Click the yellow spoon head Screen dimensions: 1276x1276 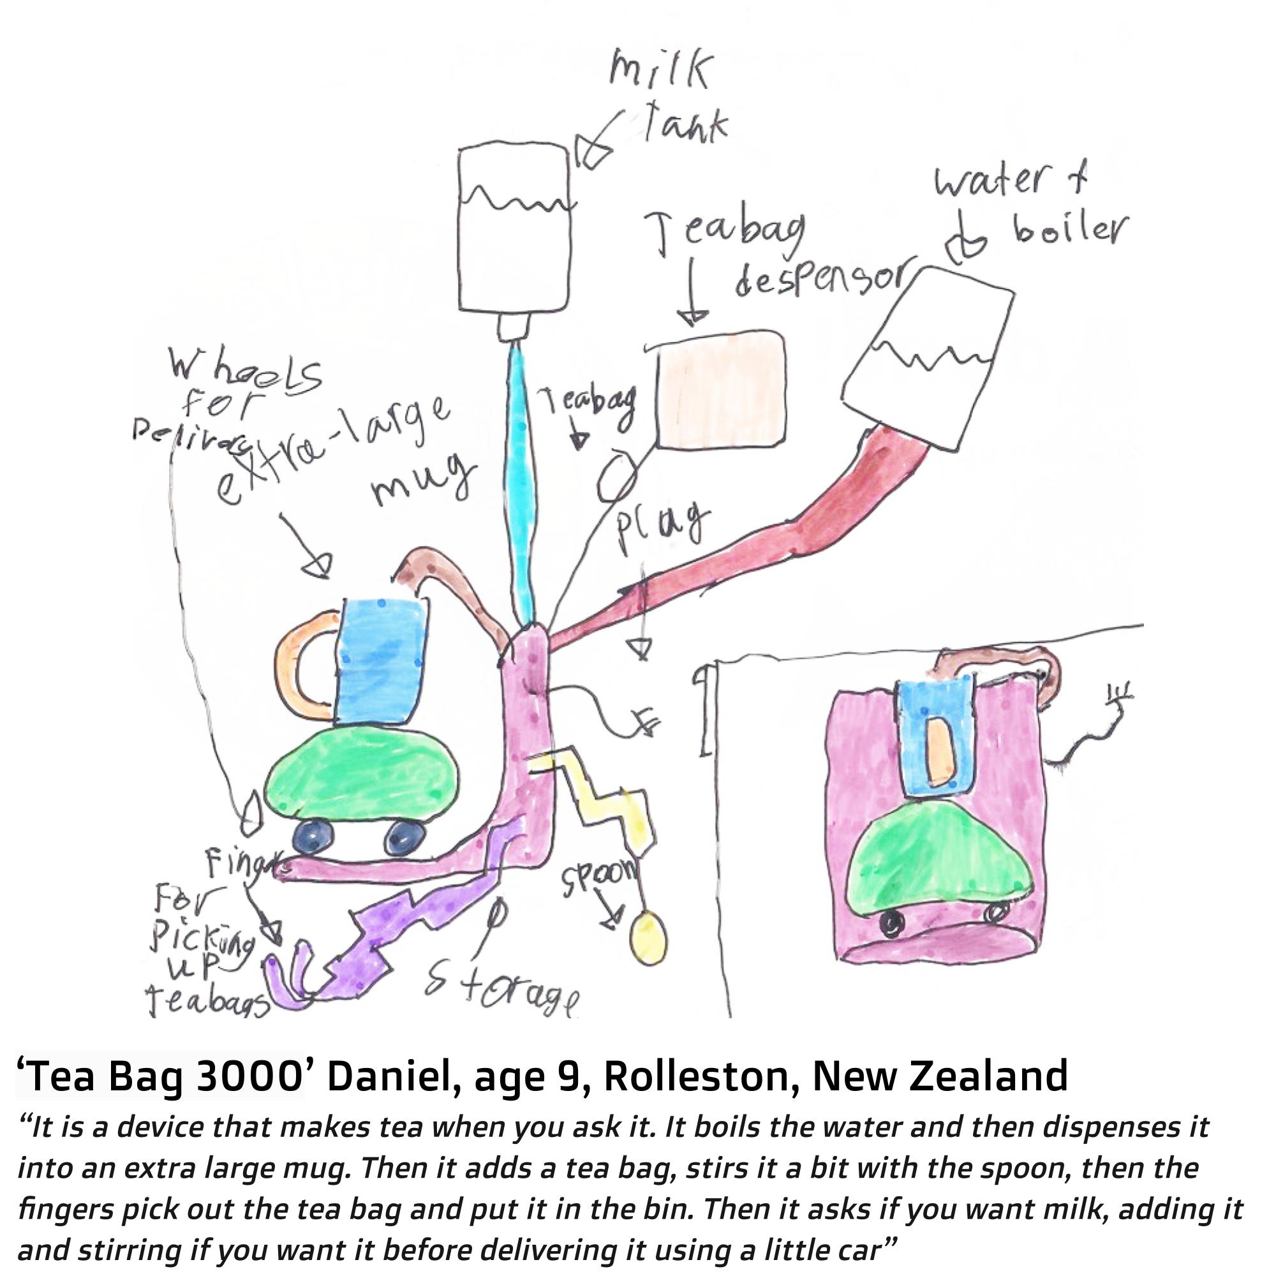click(x=649, y=937)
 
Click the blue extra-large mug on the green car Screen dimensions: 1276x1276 click(x=382, y=660)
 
